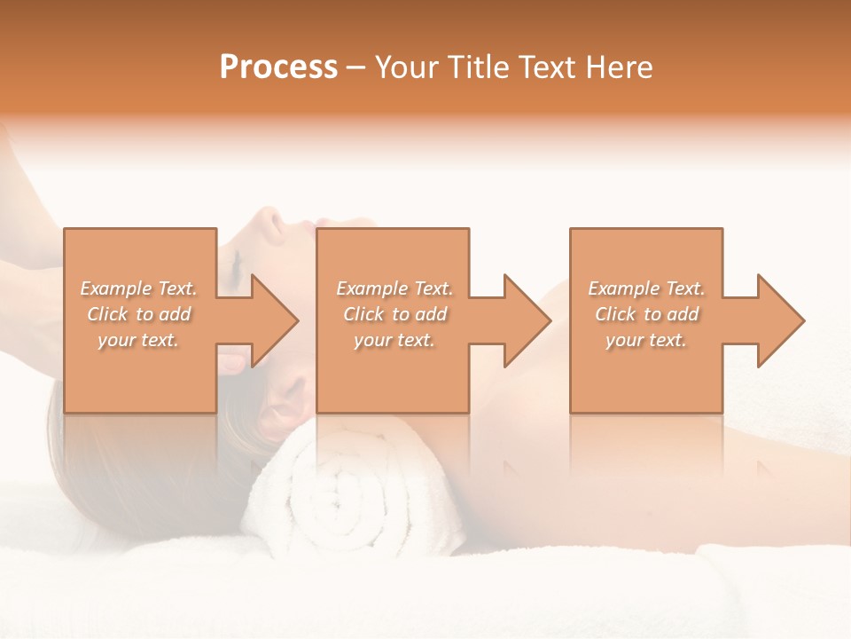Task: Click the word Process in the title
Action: point(278,67)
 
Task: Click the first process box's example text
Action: point(139,314)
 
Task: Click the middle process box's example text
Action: point(394,314)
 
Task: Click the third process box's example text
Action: point(646,314)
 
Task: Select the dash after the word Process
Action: point(355,68)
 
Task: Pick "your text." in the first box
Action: point(139,340)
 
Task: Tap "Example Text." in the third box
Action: point(646,288)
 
